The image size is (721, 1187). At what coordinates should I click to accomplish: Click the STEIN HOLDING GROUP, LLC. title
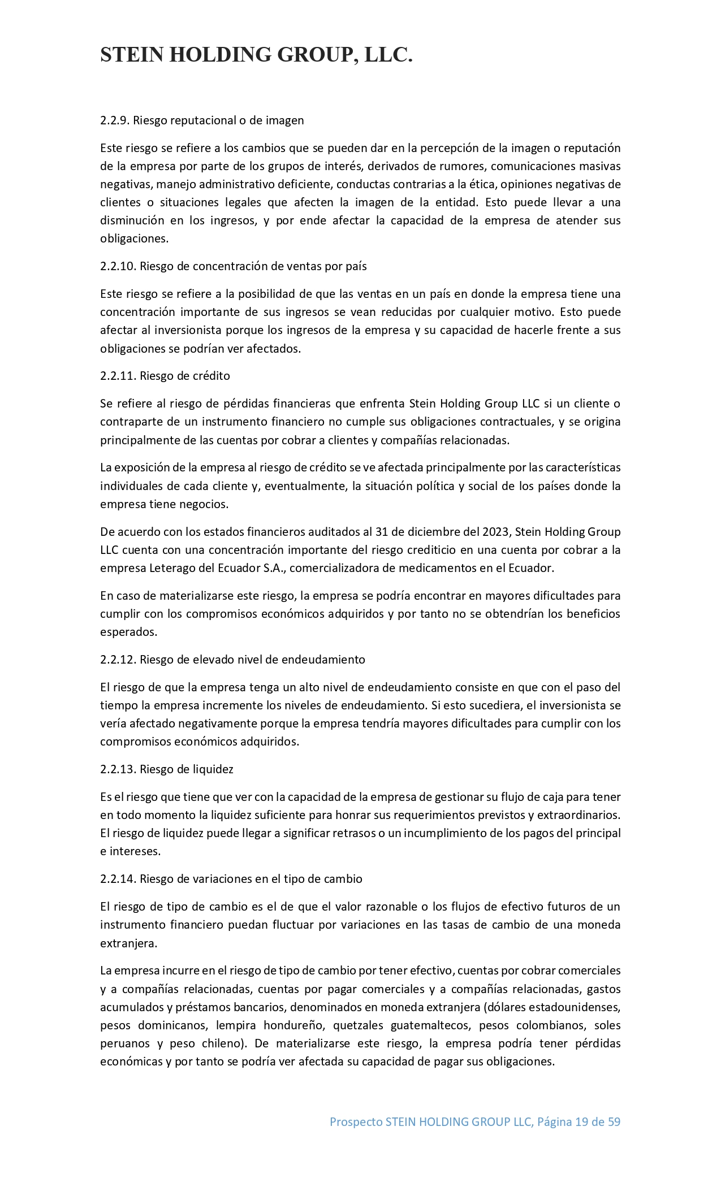[x=256, y=55]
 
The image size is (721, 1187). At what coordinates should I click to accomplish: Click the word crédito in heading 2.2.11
[x=212, y=376]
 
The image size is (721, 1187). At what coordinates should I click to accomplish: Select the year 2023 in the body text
[x=495, y=532]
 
